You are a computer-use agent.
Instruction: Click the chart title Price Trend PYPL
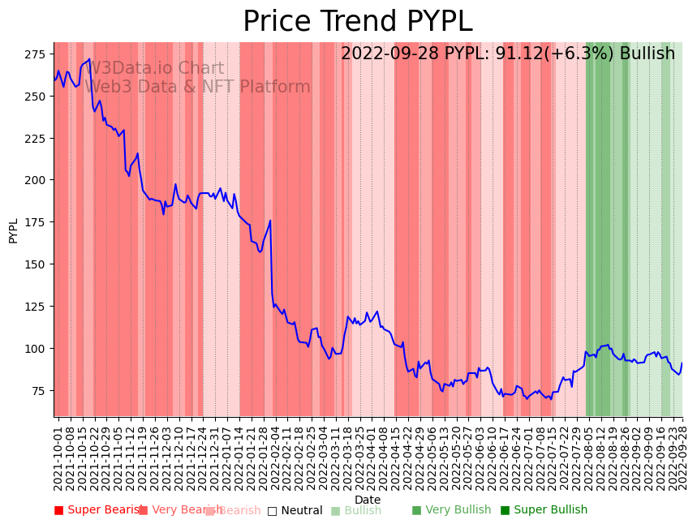pyautogui.click(x=357, y=22)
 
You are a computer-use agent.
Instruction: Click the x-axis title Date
pyautogui.click(x=368, y=500)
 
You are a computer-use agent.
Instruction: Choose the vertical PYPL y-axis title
pyautogui.click(x=13, y=230)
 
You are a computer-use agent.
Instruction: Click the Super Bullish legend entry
pyautogui.click(x=544, y=510)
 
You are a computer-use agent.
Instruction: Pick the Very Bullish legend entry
pyautogui.click(x=451, y=510)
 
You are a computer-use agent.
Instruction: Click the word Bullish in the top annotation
pyautogui.click(x=647, y=54)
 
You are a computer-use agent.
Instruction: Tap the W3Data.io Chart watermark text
pyautogui.click(x=155, y=69)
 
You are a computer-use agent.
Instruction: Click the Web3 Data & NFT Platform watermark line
pyautogui.click(x=197, y=87)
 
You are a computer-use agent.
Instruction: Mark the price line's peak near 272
pyautogui.click(x=89, y=59)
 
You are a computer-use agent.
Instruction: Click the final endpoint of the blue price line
pyautogui.click(x=682, y=363)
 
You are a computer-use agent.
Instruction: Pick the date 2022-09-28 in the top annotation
pyautogui.click(x=385, y=54)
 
